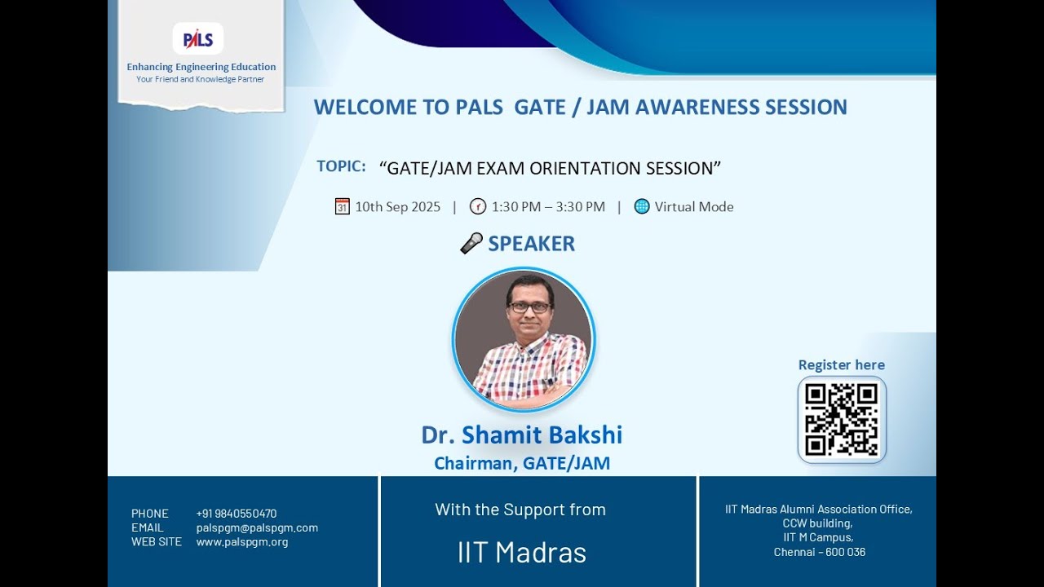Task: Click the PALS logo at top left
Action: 198,38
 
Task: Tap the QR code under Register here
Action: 841,419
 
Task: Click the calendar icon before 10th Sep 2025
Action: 343,206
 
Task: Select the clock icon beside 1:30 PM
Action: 478,206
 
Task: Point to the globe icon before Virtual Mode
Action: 642,206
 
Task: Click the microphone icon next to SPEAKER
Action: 471,243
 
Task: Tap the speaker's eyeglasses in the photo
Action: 529,307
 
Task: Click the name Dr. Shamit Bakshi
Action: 521,435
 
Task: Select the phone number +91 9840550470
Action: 236,514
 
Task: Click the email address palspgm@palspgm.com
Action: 257,527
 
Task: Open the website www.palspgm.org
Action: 241,541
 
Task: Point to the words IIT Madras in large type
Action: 521,552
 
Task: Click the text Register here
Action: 841,364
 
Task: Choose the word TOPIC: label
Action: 341,166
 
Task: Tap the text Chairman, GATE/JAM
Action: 521,463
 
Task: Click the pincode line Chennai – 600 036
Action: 819,552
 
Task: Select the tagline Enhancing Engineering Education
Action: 201,67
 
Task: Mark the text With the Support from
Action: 520,510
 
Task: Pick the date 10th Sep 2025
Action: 397,207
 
